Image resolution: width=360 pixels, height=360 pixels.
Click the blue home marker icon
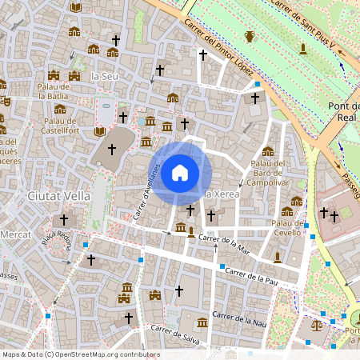click(x=180, y=172)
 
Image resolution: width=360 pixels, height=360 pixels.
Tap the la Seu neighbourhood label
click(x=106, y=76)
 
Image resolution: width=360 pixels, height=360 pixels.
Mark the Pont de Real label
click(x=346, y=112)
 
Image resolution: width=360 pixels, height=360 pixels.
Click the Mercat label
click(x=15, y=235)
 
